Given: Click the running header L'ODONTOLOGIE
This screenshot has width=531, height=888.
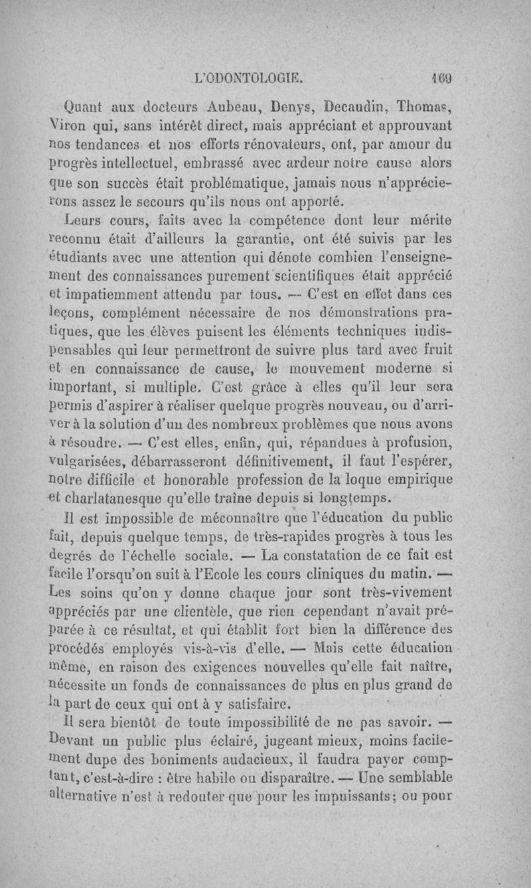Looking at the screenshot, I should (249, 77).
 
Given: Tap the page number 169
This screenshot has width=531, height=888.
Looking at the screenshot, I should (439, 77).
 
